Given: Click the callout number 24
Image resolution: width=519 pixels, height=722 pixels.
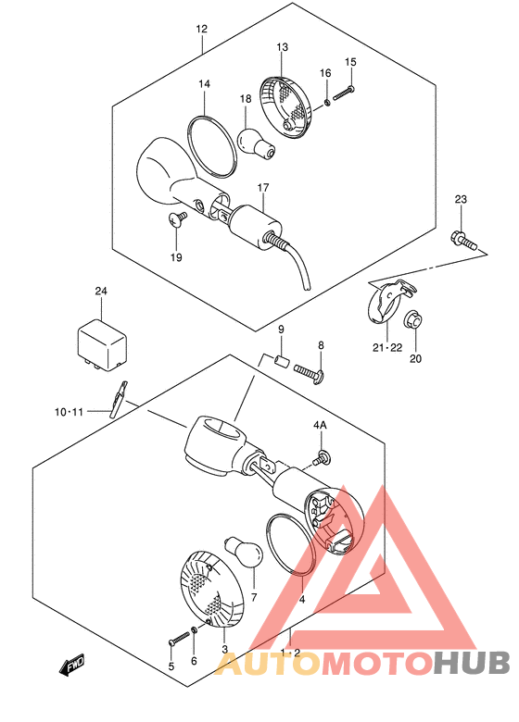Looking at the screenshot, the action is (101, 291).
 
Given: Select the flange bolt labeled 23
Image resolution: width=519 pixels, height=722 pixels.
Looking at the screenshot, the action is (462, 241).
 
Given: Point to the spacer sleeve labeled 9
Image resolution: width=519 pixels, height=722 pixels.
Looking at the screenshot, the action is (281, 360).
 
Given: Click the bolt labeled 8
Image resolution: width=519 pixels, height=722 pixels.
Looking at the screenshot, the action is (309, 374).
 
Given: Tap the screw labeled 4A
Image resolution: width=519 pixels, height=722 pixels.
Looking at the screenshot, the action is (322, 457).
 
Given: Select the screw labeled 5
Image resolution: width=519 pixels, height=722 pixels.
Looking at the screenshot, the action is (179, 638).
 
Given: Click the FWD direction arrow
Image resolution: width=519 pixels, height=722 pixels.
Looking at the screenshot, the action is (72, 665).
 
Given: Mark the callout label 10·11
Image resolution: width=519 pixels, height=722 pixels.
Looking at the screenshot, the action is (70, 412).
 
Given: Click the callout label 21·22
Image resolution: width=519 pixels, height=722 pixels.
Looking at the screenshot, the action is (387, 348).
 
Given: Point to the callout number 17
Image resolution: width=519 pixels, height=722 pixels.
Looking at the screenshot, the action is (262, 188).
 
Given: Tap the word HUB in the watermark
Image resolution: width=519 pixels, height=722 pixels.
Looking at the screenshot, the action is (472, 663).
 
